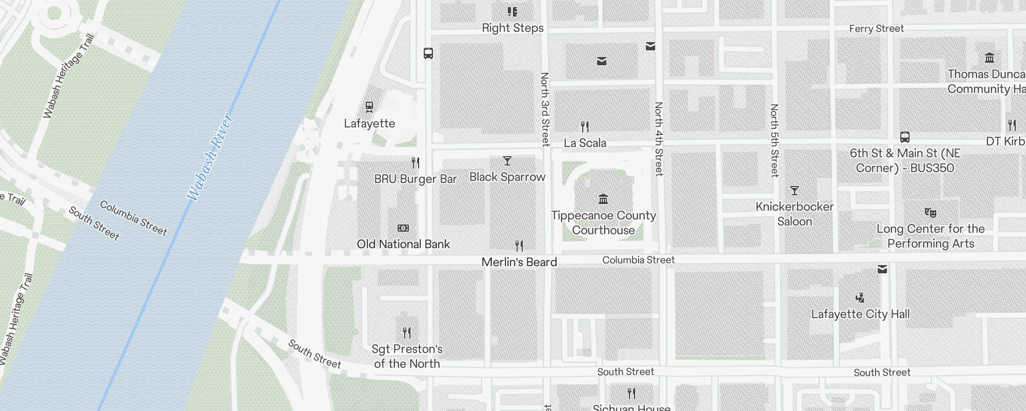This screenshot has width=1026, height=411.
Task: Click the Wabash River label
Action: [210, 157]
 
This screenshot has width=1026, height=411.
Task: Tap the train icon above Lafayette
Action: [369, 107]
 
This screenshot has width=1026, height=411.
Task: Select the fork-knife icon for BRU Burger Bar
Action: [416, 163]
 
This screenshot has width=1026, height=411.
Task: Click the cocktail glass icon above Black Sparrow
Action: [507, 161]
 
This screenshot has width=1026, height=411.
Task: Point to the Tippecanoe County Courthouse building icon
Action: [603, 199]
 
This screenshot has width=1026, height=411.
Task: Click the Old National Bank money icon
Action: [403, 228]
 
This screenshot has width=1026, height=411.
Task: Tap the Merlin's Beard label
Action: [519, 262]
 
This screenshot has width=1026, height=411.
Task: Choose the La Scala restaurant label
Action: [585, 143]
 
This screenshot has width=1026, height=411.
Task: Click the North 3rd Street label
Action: [545, 109]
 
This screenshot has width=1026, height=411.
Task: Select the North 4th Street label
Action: [659, 139]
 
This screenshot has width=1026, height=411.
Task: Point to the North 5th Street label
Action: [774, 140]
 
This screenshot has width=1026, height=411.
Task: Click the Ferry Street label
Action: [876, 29]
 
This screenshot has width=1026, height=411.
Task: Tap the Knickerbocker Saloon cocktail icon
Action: [795, 191]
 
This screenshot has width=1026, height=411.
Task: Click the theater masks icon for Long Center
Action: [931, 212]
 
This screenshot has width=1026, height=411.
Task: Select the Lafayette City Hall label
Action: [860, 314]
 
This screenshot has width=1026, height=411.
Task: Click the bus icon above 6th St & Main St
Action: [905, 137]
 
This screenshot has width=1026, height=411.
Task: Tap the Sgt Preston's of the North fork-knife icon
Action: [407, 332]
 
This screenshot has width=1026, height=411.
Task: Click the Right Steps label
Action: [512, 28]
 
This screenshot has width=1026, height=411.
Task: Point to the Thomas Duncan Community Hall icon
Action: [990, 58]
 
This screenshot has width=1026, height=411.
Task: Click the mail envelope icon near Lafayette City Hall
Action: [882, 269]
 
